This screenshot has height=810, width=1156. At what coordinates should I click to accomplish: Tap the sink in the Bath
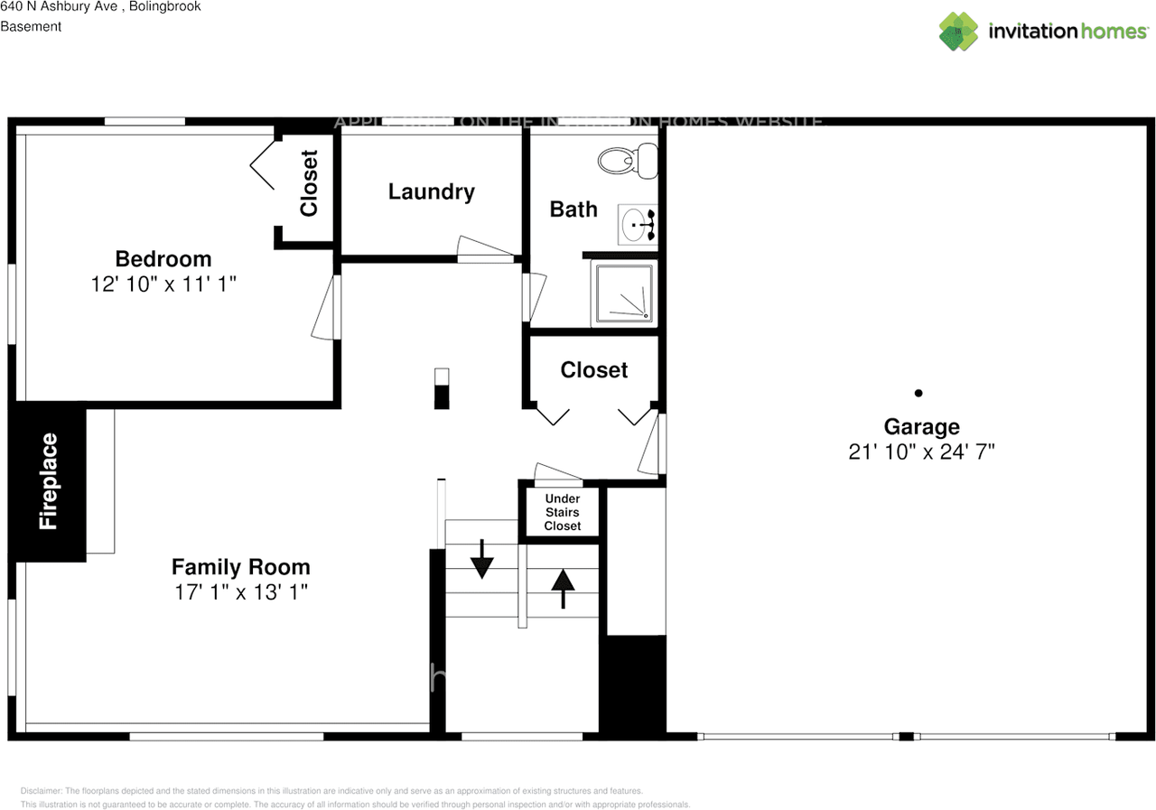point(638,224)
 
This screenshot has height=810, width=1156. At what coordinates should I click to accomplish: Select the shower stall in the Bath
point(623,294)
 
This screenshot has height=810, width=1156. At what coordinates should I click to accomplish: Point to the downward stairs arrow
point(482,559)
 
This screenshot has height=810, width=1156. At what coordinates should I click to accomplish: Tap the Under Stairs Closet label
point(562,512)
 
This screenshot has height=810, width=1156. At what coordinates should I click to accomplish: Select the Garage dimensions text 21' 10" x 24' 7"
point(921,452)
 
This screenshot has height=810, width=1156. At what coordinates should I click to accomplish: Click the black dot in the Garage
point(918,393)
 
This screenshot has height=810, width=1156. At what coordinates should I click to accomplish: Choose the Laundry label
point(431,191)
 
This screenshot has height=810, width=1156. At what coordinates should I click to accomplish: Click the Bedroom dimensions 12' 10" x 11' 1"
point(163,284)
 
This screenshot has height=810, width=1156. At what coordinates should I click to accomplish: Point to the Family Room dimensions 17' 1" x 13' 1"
point(240,592)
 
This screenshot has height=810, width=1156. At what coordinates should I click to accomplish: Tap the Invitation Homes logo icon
point(959,31)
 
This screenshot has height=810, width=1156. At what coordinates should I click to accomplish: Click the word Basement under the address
point(31,26)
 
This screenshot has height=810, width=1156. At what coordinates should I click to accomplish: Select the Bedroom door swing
point(325,307)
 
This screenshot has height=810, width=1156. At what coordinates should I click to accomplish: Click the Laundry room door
point(483,250)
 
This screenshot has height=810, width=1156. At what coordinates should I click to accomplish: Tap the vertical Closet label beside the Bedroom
point(309,183)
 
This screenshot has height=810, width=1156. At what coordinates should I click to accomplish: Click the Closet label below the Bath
point(593,369)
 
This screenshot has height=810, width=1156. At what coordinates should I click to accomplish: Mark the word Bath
point(573,209)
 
